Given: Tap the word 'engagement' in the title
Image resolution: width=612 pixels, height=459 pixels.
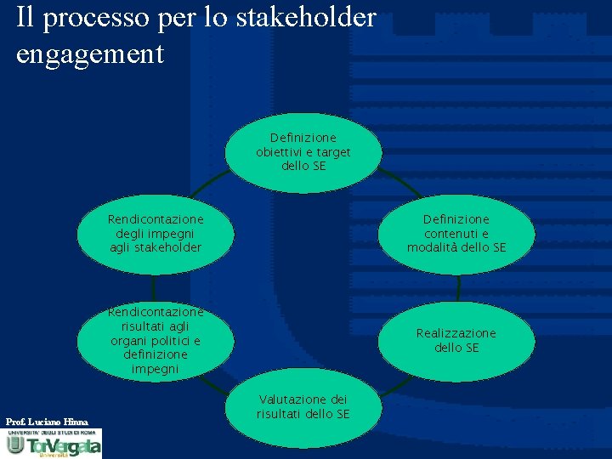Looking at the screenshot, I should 90,54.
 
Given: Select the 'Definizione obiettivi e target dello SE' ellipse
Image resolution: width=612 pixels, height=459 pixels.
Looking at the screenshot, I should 303,151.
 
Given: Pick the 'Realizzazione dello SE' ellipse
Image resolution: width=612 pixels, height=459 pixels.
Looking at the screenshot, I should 457,341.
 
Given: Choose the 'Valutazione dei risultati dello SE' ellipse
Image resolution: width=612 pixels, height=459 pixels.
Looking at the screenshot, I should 303,407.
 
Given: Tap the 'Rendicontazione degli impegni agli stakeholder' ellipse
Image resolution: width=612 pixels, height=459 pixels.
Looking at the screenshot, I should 155,234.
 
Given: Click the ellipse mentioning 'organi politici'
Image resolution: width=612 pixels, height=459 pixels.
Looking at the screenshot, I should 155,341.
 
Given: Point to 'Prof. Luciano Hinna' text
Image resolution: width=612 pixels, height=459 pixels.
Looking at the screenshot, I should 47,422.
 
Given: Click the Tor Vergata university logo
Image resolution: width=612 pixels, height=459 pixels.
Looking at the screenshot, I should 53,443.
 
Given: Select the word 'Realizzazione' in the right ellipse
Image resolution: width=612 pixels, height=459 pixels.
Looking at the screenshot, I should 456,333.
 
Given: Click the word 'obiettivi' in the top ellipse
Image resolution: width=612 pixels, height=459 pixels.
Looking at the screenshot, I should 284,152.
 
